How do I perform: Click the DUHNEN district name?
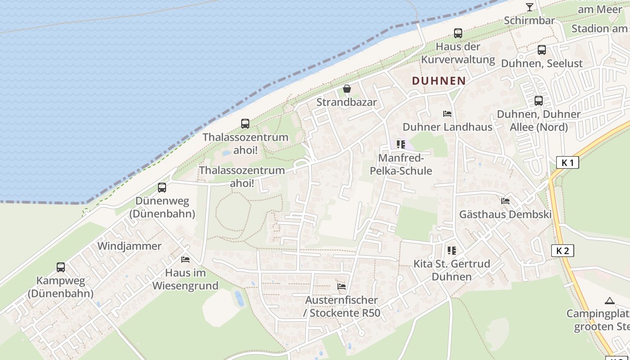tap(439, 81)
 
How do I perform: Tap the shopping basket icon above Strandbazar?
tap(346, 89)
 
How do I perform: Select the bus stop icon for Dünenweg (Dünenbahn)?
tap(162, 188)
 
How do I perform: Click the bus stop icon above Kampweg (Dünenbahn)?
tap(61, 267)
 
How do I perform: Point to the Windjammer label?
tap(129, 246)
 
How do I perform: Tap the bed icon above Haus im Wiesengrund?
tap(185, 259)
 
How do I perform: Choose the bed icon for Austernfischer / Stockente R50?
tap(342, 286)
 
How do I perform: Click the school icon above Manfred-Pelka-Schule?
tap(401, 144)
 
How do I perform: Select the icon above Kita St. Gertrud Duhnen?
tap(451, 250)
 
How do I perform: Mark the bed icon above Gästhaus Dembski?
tap(505, 201)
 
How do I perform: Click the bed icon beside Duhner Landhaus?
tap(447, 114)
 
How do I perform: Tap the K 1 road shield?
tap(567, 163)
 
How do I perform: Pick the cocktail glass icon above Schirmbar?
tap(529, 7)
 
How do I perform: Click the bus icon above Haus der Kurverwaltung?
tap(458, 33)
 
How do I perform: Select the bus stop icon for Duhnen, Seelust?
tap(542, 50)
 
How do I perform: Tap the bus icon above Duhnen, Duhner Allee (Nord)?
tap(539, 101)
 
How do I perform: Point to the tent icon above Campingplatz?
tap(610, 301)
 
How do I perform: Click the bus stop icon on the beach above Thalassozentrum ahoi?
tap(245, 124)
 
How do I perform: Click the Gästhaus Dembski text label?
tap(505, 215)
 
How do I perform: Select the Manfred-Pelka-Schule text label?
tap(400, 165)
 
